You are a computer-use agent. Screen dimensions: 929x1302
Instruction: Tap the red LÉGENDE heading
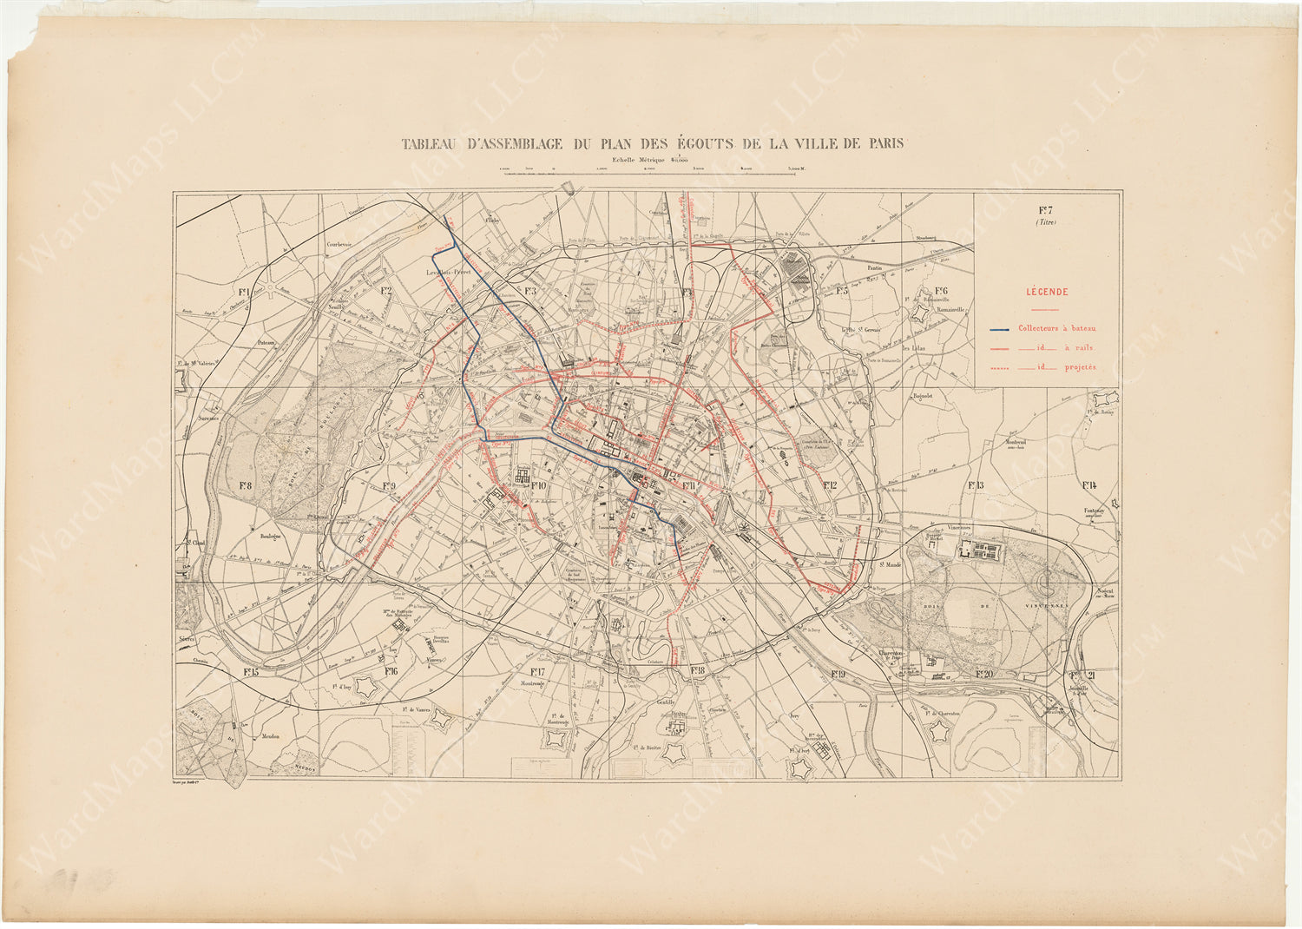pos(1047,293)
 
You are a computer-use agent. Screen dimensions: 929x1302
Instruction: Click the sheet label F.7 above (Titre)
pos(1046,209)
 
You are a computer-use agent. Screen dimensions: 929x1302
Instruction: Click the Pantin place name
pos(872,268)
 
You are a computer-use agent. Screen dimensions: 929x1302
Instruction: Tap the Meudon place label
pos(269,736)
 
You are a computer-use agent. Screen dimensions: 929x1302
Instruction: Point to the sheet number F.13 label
pos(976,484)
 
